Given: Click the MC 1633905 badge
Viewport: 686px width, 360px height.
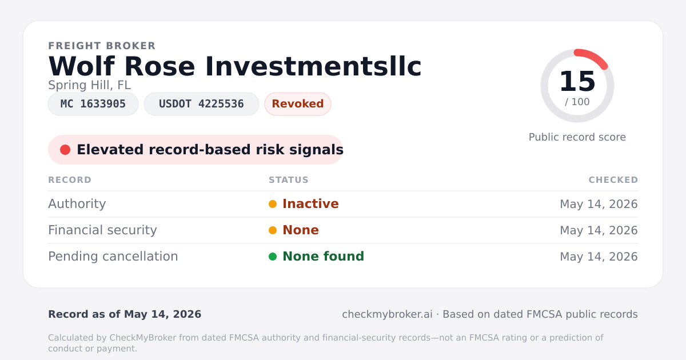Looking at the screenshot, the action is click(x=93, y=104).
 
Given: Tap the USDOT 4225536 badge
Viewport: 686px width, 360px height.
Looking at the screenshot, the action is click(x=201, y=104).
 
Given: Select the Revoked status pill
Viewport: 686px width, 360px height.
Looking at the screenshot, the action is click(x=298, y=104).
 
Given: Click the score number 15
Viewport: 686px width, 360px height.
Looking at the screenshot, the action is click(x=577, y=81).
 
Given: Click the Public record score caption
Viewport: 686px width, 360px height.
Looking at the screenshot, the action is click(x=577, y=137).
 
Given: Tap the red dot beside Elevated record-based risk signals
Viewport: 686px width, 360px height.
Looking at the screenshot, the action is click(x=65, y=150).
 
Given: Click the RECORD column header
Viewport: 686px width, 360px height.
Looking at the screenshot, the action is click(x=70, y=180).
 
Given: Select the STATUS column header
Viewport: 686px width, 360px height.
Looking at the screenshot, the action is click(x=289, y=180).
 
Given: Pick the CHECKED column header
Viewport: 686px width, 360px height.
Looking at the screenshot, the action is click(x=613, y=180).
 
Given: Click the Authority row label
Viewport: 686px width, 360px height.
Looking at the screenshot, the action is click(x=77, y=204).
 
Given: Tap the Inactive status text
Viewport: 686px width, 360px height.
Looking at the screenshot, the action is click(x=310, y=204).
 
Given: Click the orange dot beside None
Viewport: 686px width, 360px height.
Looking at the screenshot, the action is click(x=273, y=230).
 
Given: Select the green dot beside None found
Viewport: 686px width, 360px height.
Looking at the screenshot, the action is click(x=273, y=257).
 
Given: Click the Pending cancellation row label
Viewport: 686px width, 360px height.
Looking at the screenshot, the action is click(x=113, y=257).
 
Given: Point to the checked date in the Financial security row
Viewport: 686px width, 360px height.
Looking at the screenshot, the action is click(x=599, y=230).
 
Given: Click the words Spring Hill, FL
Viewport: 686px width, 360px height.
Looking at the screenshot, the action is click(x=89, y=85).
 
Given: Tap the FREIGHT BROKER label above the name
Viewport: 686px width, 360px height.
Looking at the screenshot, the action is click(x=102, y=46).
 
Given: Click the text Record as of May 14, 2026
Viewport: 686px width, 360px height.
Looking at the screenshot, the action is click(x=125, y=314).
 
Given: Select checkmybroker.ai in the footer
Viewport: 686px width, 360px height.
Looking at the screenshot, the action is click(x=387, y=314).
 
